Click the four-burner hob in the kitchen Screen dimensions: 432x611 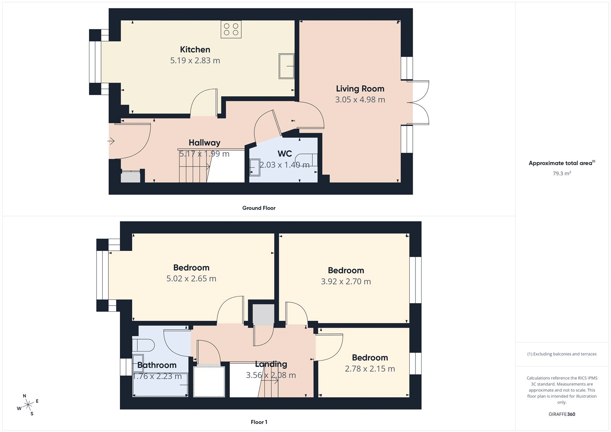pyautogui.click(x=231, y=29)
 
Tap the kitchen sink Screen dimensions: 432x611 pyautogui.click(x=286, y=66)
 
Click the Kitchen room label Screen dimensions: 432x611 pyautogui.click(x=195, y=50)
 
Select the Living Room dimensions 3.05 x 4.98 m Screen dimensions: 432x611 pyautogui.click(x=360, y=100)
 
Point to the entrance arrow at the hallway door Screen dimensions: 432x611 pyautogui.click(x=111, y=141)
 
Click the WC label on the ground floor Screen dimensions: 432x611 pyautogui.click(x=285, y=154)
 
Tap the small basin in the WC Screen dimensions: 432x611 pyautogui.click(x=255, y=167)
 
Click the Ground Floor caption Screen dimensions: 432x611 pyautogui.click(x=259, y=208)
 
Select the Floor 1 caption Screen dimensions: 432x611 pyautogui.click(x=259, y=422)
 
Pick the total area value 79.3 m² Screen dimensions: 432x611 pyautogui.click(x=562, y=173)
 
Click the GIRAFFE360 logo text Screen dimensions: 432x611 pyautogui.click(x=562, y=414)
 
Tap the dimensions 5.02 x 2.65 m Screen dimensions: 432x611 pyautogui.click(x=191, y=279)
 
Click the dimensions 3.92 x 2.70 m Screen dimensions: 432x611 pyautogui.click(x=346, y=282)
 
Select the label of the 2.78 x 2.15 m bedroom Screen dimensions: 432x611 pyautogui.click(x=370, y=358)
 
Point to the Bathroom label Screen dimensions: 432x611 pyautogui.click(x=157, y=365)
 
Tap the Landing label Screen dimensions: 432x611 pyautogui.click(x=271, y=364)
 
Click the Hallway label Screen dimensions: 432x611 pyautogui.click(x=205, y=143)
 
